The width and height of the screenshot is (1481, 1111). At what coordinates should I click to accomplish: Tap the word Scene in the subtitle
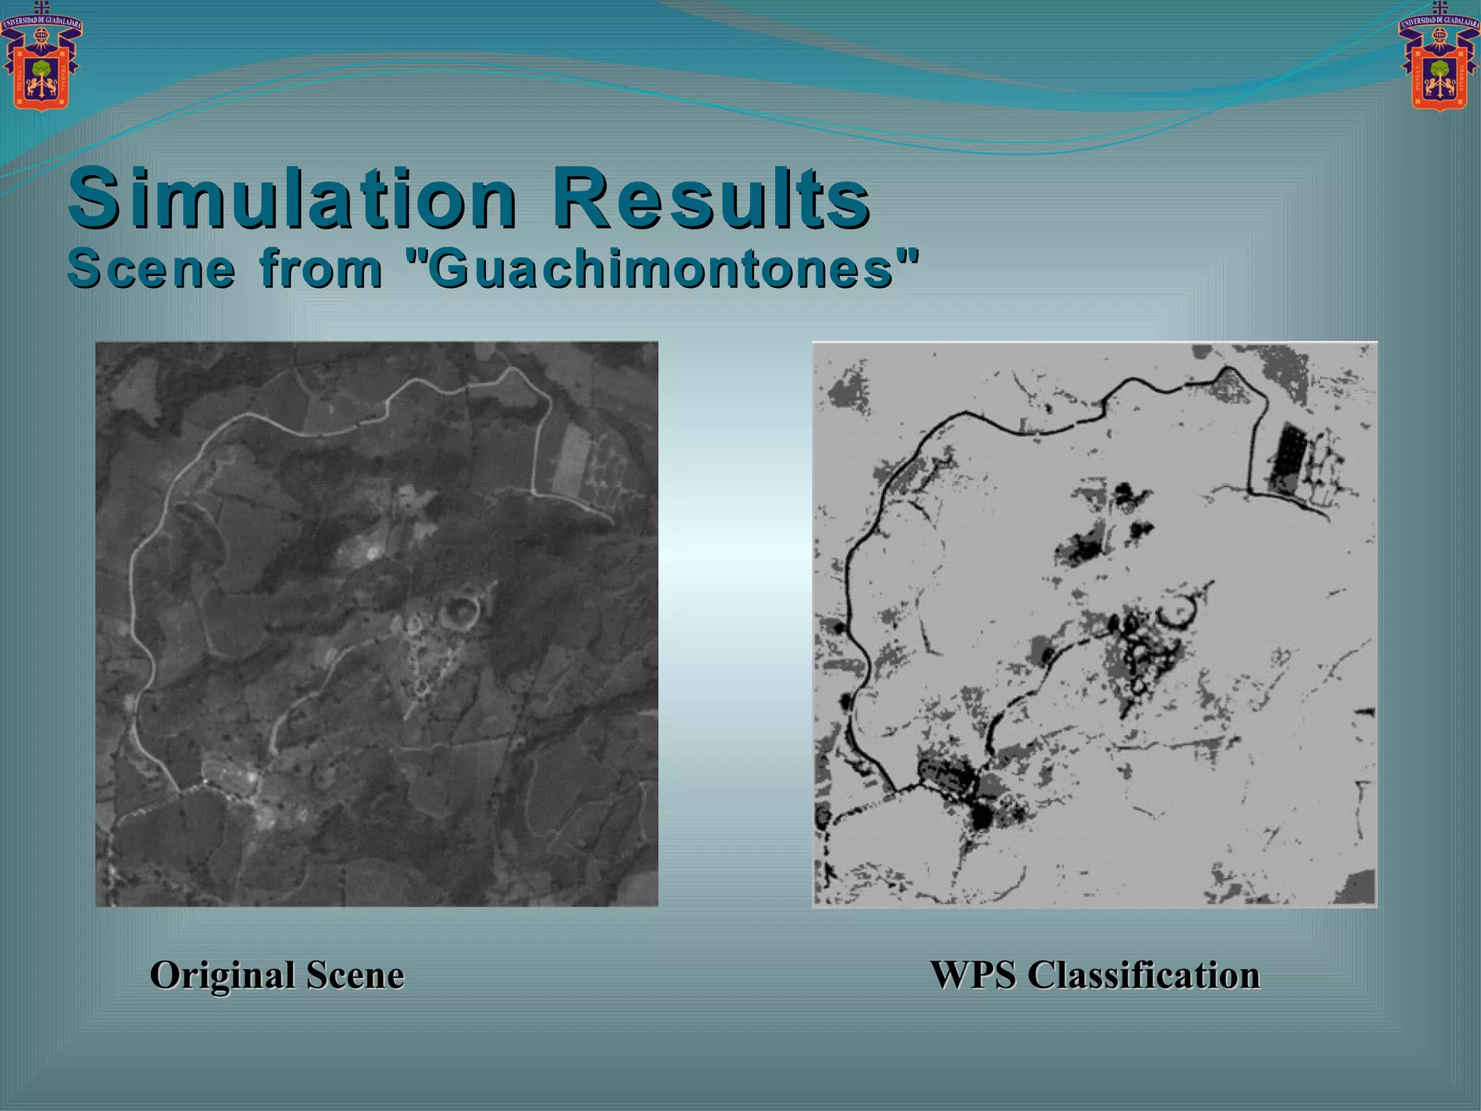pos(151,268)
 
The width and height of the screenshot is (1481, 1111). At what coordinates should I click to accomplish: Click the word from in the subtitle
pos(321,268)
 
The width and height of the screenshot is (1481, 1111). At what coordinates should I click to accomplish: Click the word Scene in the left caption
pos(355,975)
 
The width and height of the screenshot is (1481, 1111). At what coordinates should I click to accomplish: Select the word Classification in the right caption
pos(1143,975)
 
